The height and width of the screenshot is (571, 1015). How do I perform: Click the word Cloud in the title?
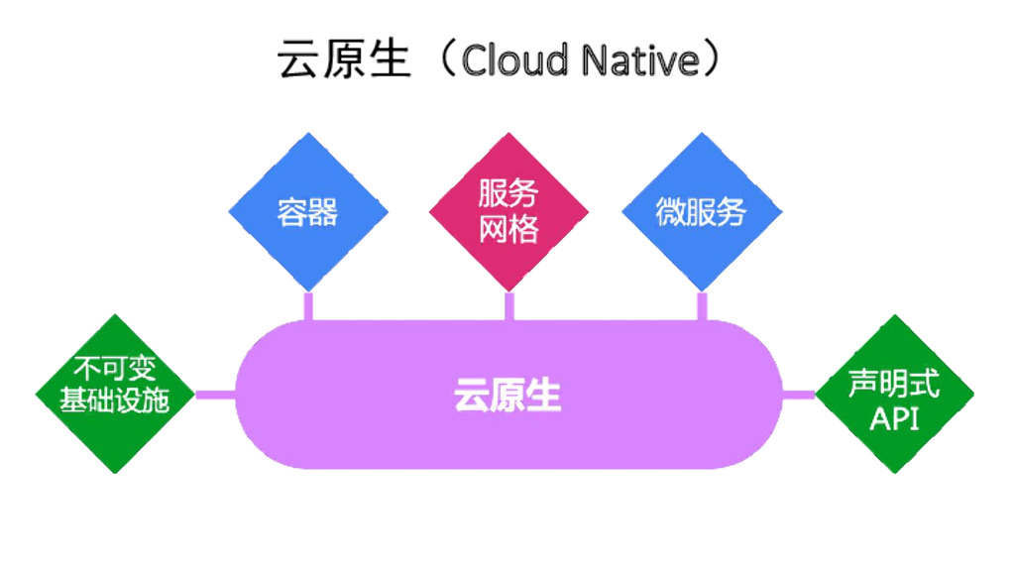tap(514, 61)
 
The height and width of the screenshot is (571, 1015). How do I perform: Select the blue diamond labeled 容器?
tap(307, 212)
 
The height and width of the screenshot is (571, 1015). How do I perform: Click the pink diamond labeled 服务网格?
tap(508, 212)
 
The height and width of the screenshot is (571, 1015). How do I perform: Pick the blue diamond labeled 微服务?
tap(701, 212)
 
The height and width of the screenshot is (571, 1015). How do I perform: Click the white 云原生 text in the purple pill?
tap(507, 395)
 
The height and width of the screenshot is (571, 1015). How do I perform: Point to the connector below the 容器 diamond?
tap(308, 305)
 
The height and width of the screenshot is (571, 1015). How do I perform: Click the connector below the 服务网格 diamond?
tap(509, 305)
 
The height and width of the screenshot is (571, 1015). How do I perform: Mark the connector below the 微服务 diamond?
tap(702, 305)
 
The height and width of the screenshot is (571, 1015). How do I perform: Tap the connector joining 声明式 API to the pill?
tap(798, 395)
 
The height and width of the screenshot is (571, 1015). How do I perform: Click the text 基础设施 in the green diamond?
tap(115, 400)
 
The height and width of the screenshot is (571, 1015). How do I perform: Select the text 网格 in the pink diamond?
tap(508, 230)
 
